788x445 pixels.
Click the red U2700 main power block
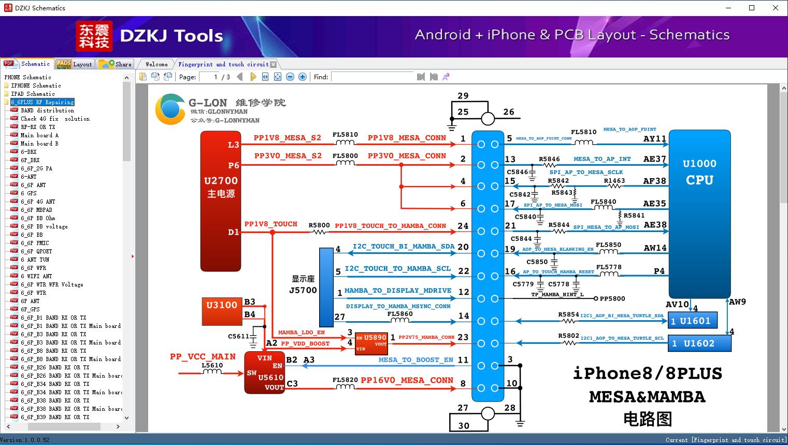click(x=221, y=201)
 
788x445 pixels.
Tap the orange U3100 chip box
click(x=222, y=309)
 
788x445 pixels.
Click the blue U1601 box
click(x=693, y=321)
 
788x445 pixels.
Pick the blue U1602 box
click(x=699, y=343)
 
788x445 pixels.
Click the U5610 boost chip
click(x=264, y=372)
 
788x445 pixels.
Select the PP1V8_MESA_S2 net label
click(x=287, y=138)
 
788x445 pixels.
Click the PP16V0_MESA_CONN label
click(x=407, y=380)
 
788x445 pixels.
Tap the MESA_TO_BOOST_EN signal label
click(x=416, y=360)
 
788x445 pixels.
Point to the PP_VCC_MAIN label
click(x=203, y=356)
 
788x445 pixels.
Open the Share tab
click(x=116, y=64)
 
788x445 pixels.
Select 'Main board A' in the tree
click(x=39, y=135)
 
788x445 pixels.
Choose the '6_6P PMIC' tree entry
click(x=35, y=243)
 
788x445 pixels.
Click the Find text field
click(x=372, y=77)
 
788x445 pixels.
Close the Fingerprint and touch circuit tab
click(x=273, y=64)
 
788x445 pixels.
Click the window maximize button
click(x=752, y=8)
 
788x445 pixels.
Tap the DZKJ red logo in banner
click(x=94, y=36)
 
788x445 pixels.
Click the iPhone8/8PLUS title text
click(x=647, y=373)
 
